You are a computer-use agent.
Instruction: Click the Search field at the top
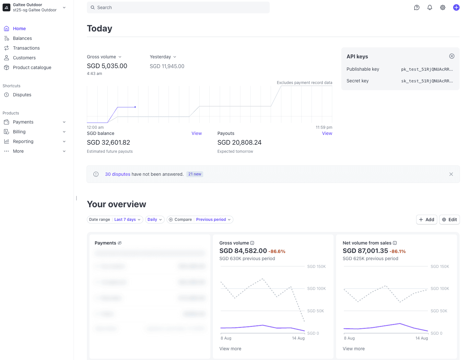(178, 7)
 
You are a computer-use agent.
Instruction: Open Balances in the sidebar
(22, 38)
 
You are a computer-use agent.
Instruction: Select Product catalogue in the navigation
(32, 67)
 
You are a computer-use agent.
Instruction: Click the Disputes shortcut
(22, 95)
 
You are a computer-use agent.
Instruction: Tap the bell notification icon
(429, 7)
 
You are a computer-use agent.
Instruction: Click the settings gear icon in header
(442, 7)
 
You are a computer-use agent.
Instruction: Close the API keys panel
(451, 56)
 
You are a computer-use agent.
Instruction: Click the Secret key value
(427, 81)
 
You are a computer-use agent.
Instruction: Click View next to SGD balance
(196, 133)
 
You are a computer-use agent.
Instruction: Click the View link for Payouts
(327, 133)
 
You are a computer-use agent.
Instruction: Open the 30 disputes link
(118, 174)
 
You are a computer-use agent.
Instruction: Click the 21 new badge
(195, 174)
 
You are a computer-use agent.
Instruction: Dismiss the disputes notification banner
(451, 174)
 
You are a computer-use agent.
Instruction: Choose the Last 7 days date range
(127, 220)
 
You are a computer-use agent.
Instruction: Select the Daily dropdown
(155, 220)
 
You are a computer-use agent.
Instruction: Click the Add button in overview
(426, 220)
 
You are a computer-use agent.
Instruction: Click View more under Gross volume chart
(230, 349)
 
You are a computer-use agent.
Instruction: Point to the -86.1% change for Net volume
(397, 251)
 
